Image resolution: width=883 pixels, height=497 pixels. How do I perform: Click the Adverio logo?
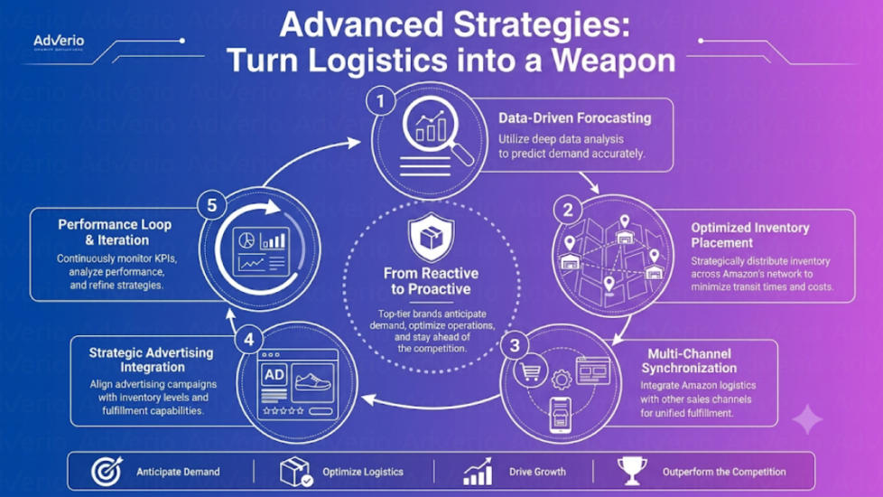click(59, 42)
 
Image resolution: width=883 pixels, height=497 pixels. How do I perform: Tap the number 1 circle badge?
click(381, 101)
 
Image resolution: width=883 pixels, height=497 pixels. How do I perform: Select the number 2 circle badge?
click(568, 211)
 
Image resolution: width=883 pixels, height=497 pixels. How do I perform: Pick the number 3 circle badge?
click(515, 345)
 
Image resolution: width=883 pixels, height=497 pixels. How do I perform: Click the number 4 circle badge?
click(249, 339)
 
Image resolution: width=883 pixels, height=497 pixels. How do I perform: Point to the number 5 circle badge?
click(212, 205)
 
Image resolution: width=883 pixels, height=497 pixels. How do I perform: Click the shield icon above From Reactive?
click(432, 238)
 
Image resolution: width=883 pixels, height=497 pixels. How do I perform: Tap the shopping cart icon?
click(531, 371)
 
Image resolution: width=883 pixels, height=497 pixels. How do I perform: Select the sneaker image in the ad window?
click(313, 383)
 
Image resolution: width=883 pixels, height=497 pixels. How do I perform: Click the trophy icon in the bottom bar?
click(632, 471)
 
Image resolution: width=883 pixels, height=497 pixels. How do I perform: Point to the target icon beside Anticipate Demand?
click(107, 471)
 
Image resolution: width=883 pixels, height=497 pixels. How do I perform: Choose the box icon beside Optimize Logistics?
click(296, 471)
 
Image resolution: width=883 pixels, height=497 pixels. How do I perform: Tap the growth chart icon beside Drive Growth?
click(478, 471)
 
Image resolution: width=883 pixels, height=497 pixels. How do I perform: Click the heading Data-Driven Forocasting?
click(574, 117)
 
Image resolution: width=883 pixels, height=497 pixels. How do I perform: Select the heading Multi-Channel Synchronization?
click(689, 361)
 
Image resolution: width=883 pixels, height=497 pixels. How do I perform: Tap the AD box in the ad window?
click(274, 375)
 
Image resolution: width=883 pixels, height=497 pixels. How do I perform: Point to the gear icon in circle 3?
click(561, 380)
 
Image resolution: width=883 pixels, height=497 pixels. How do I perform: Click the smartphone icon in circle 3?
click(561, 416)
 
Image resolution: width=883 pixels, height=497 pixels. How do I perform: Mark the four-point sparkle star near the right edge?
click(807, 419)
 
